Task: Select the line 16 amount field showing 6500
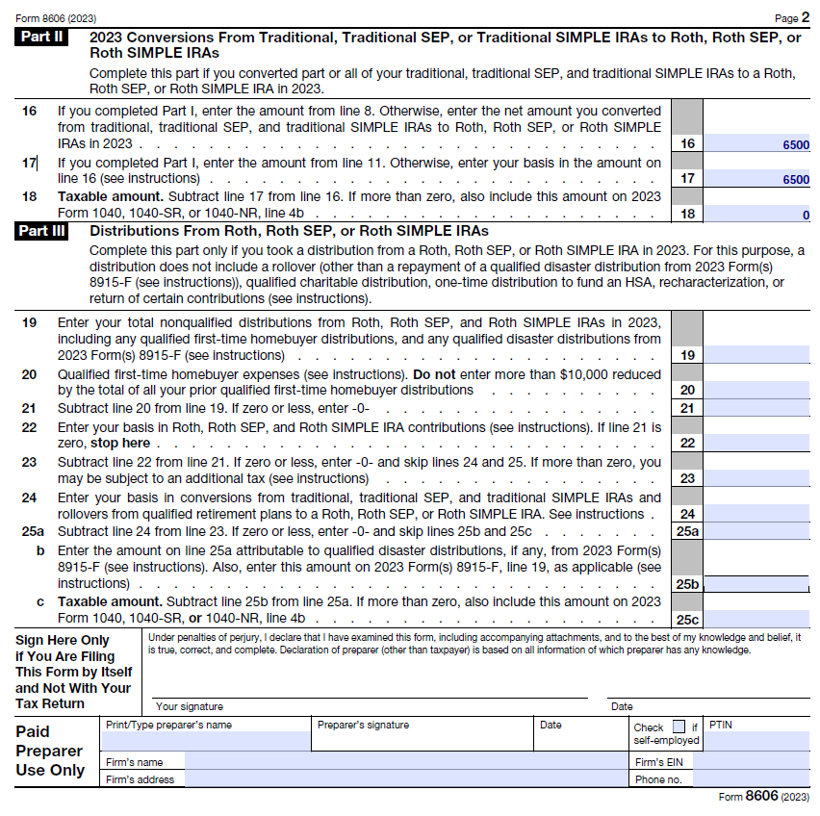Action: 757,144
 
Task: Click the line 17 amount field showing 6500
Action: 757,179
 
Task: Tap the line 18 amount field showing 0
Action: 757,214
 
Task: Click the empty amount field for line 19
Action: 757,355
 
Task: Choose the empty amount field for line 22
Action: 757,443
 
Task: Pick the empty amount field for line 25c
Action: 757,619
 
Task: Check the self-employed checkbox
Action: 679,727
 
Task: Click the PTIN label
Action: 720,725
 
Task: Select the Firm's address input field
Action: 404,779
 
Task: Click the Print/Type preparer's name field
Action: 206,741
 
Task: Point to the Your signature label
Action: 189,706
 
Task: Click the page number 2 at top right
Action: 805,17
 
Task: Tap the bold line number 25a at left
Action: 32,531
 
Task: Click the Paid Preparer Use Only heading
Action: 49,751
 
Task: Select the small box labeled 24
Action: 686,515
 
